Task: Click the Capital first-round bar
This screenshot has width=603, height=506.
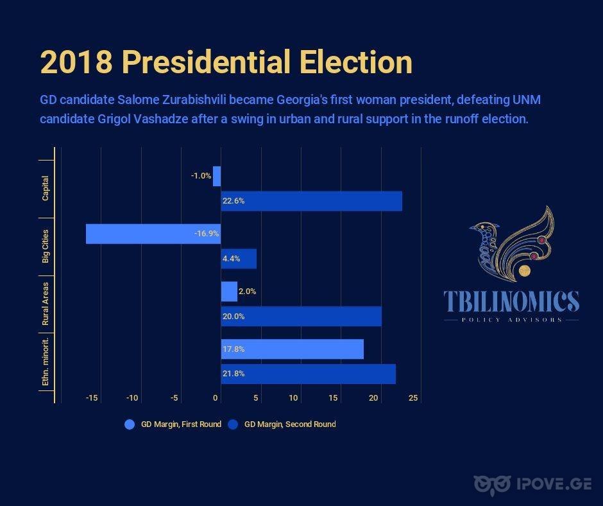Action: coord(217,177)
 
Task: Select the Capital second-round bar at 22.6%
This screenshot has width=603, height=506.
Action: coord(312,201)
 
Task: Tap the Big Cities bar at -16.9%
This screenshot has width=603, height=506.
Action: coord(153,234)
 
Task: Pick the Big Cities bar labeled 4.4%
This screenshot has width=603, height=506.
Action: coord(239,259)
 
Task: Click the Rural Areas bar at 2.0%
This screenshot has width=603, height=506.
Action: coord(229,292)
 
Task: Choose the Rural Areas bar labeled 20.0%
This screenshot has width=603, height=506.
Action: coord(301,317)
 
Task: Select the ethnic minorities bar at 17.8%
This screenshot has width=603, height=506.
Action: coord(293,349)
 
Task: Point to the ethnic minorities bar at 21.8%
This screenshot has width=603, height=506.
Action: coord(309,374)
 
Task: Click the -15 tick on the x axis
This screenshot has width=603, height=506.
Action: coord(92,397)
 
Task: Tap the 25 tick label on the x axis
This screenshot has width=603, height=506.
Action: coord(413,397)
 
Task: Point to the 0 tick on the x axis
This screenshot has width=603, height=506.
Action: coord(216,397)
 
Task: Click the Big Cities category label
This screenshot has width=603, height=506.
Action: coord(46,247)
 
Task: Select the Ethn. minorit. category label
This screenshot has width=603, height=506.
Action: coord(46,362)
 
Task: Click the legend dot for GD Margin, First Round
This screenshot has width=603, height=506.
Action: coord(130,424)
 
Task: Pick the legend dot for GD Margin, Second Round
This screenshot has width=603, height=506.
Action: coord(233,424)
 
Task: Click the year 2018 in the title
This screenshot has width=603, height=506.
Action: coord(76,62)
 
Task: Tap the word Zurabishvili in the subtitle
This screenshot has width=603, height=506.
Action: coord(194,100)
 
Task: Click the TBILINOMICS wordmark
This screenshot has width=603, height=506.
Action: coord(511,301)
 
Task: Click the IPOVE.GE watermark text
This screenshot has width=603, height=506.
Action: coord(554,484)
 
